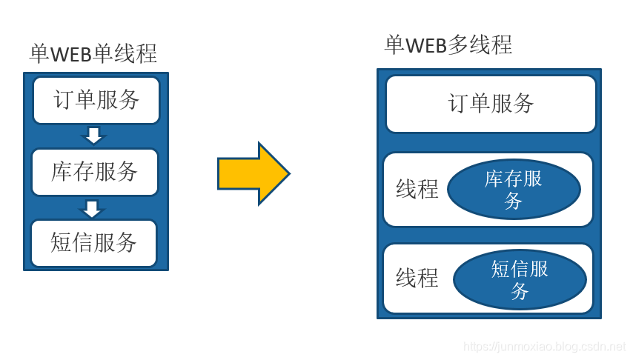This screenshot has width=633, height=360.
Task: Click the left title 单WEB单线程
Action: tap(93, 54)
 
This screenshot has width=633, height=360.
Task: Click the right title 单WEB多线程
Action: tap(448, 45)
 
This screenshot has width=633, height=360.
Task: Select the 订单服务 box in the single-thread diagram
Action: tap(96, 100)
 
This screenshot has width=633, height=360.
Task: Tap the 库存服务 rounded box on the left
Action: tap(95, 172)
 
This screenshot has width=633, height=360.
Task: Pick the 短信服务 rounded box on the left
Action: tap(94, 243)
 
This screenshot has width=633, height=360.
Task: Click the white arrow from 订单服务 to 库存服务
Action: tap(93, 136)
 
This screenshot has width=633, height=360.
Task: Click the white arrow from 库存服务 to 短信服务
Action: tap(92, 208)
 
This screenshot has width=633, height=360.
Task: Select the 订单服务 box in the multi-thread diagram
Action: tap(491, 104)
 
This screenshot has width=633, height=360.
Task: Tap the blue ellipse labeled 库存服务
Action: tap(514, 190)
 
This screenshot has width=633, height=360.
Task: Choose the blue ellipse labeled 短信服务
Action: tap(520, 279)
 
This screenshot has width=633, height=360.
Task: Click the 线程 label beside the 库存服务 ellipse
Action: tap(417, 190)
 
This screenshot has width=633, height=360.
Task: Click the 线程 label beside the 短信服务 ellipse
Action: tap(417, 279)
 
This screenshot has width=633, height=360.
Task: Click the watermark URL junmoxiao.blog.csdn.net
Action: tap(544, 347)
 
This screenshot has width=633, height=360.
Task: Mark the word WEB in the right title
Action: tap(426, 45)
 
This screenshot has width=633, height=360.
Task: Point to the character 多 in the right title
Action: tap(459, 45)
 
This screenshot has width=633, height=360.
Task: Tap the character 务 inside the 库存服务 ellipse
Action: tap(514, 201)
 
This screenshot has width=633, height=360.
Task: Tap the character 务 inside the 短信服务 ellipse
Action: tap(520, 291)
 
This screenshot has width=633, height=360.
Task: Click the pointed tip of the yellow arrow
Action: tap(288, 174)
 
